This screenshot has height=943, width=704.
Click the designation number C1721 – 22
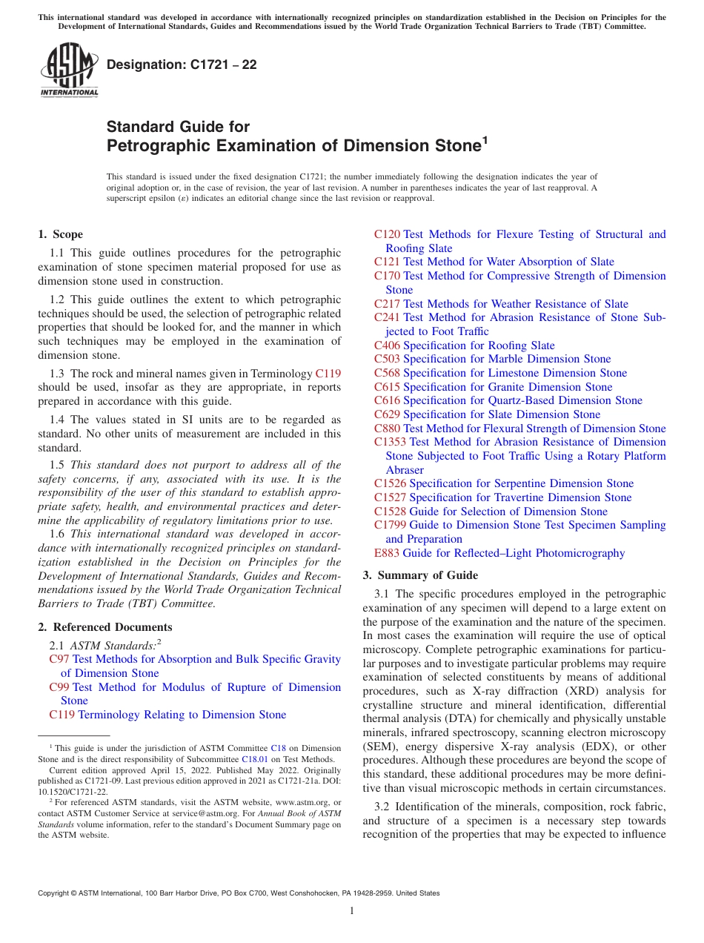[x=182, y=64]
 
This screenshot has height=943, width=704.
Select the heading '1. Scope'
[x=60, y=234]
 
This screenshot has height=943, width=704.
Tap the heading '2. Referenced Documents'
[x=104, y=627]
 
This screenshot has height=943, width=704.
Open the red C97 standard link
[x=59, y=659]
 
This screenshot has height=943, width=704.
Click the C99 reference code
[x=59, y=687]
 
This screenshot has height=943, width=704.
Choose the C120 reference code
[x=387, y=234]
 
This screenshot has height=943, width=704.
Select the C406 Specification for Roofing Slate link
[x=464, y=345]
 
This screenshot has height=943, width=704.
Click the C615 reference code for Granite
[x=387, y=387]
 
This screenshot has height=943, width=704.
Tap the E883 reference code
[x=387, y=553]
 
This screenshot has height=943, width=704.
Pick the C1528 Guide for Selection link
[x=491, y=512]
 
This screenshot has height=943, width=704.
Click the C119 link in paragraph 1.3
[x=328, y=374]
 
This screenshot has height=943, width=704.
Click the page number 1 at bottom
[x=352, y=910]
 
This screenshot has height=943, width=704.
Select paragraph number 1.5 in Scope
[x=58, y=466]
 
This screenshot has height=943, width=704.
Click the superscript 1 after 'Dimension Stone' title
[x=485, y=140]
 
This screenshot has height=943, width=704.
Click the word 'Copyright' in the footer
[x=56, y=893]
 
